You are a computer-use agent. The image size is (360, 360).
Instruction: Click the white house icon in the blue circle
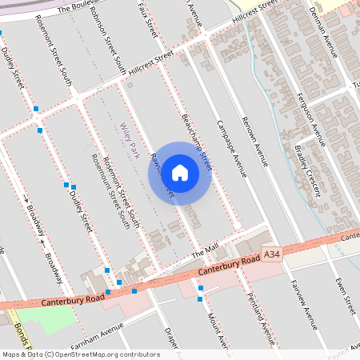(180, 172)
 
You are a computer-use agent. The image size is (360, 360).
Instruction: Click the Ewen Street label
(345, 295)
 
